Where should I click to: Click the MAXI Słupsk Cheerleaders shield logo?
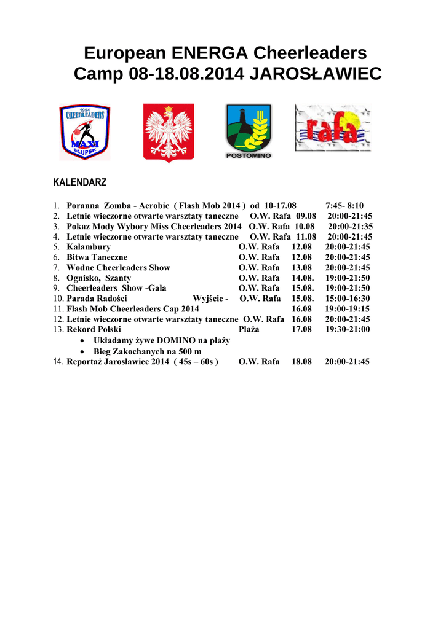[85, 132]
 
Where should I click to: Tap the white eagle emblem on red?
[169, 133]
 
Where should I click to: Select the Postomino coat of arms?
[248, 131]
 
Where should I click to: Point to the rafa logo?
[333, 128]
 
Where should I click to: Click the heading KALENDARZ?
[80, 183]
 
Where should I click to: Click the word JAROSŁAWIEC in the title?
[316, 74]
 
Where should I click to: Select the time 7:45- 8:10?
[344, 206]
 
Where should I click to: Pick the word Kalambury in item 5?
[89, 247]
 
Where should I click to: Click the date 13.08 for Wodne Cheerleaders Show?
[301, 268]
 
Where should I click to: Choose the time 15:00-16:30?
[348, 299]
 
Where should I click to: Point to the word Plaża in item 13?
[249, 329]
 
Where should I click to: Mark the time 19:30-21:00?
[348, 329]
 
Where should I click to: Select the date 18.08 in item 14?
[301, 362]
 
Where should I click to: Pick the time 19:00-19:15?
[348, 309]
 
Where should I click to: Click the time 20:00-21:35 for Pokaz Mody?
[350, 227]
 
